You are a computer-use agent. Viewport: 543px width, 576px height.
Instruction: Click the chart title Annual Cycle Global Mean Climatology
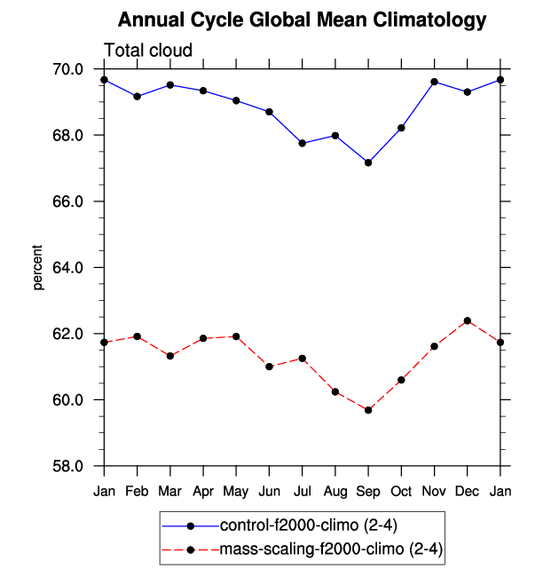[303, 20]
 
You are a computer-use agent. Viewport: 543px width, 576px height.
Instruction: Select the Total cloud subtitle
[148, 51]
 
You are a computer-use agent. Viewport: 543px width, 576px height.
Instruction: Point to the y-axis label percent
[38, 267]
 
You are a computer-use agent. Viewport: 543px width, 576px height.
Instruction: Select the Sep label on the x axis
[368, 492]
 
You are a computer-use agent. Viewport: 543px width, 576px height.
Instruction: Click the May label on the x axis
[236, 492]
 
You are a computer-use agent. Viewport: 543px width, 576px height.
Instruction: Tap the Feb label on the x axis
[137, 492]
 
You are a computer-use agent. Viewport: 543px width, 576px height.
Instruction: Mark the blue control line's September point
[368, 162]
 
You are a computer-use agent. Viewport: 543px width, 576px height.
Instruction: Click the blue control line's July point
[303, 143]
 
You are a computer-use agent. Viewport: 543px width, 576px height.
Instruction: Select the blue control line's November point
[435, 82]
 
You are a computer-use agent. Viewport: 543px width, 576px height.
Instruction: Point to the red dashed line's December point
[468, 320]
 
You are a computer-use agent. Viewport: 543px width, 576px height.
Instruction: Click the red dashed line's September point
[368, 410]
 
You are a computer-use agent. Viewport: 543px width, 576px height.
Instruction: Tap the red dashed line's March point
[169, 356]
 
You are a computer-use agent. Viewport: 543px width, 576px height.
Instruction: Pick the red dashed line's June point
[269, 367]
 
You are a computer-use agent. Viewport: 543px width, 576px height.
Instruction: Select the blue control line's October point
[401, 128]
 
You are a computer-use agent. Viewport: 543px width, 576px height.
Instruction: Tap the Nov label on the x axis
[435, 492]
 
